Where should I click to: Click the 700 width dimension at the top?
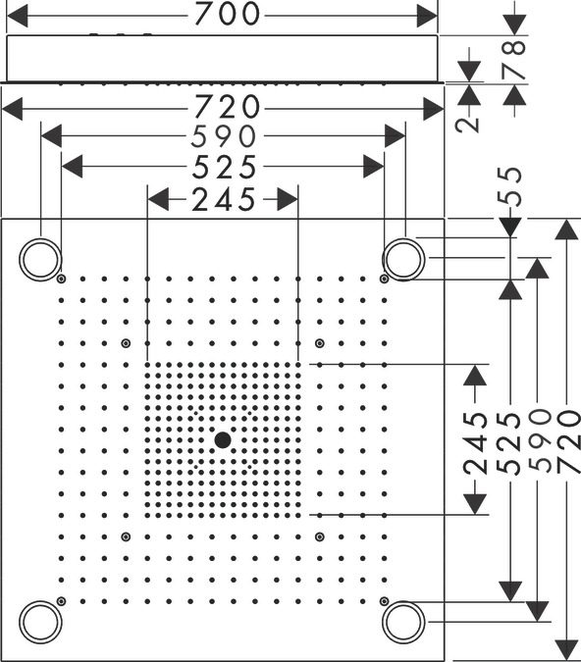pos(227,14)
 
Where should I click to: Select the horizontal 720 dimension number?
pos(227,107)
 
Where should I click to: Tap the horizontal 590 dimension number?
pos(224,136)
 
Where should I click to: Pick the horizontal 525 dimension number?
pos(224,167)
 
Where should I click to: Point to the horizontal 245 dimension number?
pos(224,199)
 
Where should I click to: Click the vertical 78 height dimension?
pos(514,59)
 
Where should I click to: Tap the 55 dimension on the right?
pos(509,186)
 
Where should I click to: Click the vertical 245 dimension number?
pos(475,442)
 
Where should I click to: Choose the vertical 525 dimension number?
pos(508,442)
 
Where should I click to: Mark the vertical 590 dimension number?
pos(540,440)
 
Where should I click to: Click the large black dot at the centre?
pos(223,440)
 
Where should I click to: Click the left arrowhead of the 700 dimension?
pos(17,16)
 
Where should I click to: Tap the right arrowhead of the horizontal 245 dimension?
pos(288,199)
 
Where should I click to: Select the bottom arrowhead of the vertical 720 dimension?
pos(566,650)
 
